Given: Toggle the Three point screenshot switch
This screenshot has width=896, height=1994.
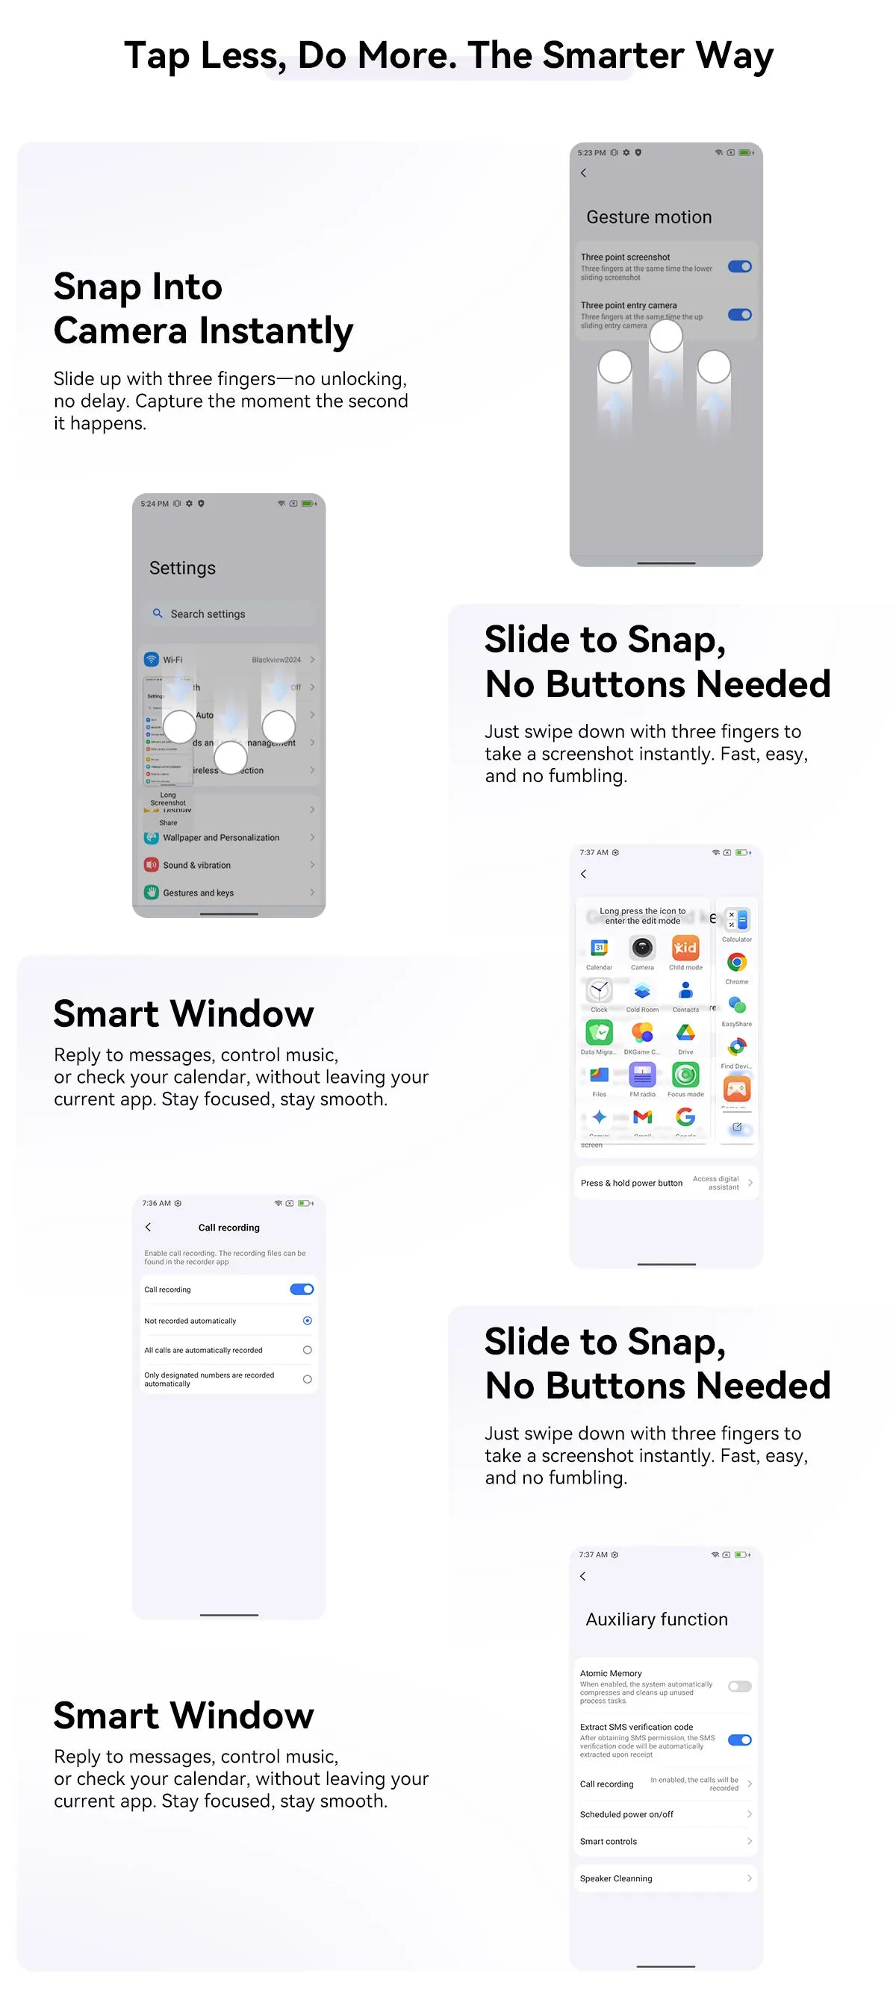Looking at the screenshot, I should pos(739,266).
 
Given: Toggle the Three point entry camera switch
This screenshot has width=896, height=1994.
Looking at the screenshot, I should pos(739,314).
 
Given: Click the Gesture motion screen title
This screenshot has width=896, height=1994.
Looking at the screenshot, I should pos(648,217).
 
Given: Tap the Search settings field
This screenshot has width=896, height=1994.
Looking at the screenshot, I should pos(228,614).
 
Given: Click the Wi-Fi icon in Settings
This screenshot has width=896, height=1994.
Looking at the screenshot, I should pos(152,660).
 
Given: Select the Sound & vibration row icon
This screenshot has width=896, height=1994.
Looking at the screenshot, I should pos(152,865).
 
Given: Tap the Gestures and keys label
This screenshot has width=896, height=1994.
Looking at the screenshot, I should pos(199,893).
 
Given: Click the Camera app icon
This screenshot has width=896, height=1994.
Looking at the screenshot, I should pos(642,948).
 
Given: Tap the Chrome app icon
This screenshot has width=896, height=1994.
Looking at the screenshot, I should pos(736,962).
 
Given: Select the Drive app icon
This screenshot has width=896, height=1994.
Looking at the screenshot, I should pos(685,1033).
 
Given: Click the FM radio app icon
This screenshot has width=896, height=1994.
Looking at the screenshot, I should pos(642,1075).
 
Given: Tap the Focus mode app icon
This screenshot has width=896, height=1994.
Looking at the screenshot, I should pos(685,1075).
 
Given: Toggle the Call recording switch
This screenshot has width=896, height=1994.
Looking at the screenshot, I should pos(301,1289).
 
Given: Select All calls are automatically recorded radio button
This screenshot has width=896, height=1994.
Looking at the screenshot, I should pos(308,1350).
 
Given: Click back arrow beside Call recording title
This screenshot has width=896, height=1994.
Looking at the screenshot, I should pos(149,1227).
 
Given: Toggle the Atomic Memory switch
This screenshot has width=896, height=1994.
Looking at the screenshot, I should pos(739,1686).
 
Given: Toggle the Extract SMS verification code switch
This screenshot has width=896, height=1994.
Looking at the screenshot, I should pos(739,1740).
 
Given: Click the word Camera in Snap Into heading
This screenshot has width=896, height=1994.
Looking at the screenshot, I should pos(121,331).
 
